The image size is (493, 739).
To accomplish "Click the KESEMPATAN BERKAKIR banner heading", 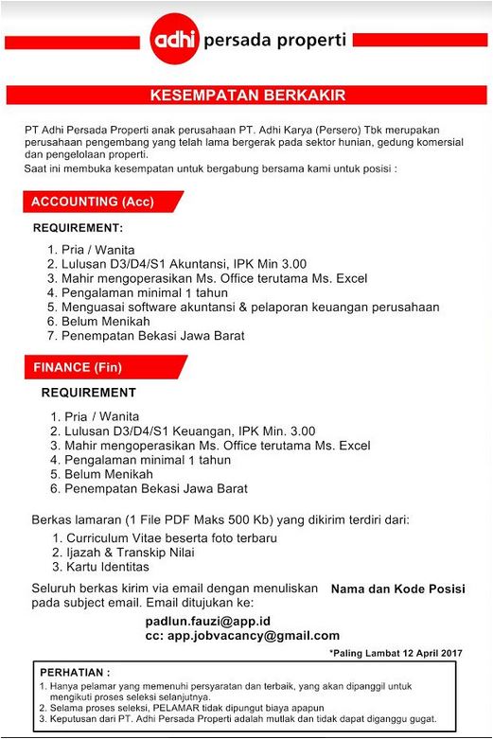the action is [x=247, y=96].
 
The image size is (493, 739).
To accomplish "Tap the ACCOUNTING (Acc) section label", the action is [x=93, y=202].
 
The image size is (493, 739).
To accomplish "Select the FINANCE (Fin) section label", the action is [x=78, y=366].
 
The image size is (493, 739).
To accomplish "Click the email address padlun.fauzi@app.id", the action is [x=209, y=621].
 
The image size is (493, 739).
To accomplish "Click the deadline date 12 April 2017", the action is [x=422, y=653].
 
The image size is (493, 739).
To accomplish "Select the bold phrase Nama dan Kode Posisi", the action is [x=397, y=589].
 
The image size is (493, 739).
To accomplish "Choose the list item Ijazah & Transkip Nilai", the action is [x=137, y=553].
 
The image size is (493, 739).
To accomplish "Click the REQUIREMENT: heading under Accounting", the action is [x=79, y=228].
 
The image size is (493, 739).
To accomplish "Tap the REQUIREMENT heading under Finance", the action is [x=88, y=393].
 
